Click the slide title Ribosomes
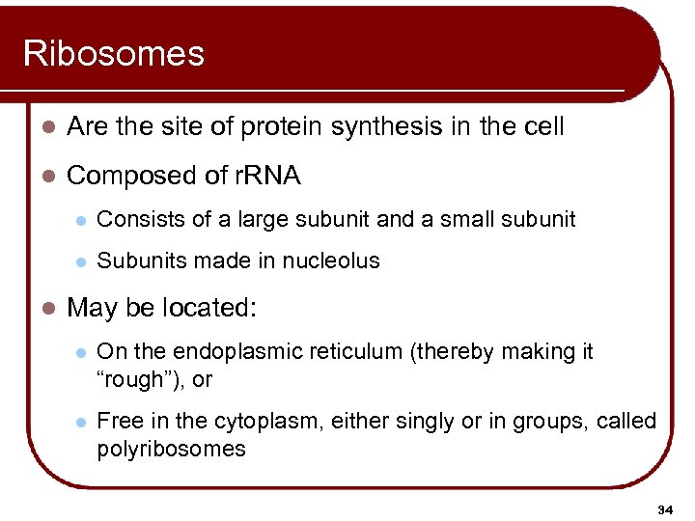tap(114, 53)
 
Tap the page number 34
tap(665, 507)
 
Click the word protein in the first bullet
tap(283, 126)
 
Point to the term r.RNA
tap(267, 176)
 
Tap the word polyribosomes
tap(172, 449)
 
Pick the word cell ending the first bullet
tap(542, 126)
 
